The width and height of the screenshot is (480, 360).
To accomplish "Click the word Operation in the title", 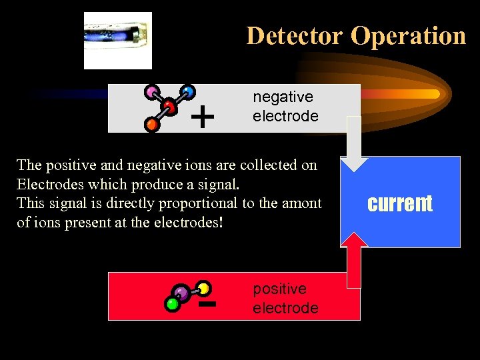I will [408, 35].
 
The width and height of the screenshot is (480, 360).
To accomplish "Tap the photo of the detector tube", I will [118, 40].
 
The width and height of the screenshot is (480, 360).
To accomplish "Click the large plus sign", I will [203, 118].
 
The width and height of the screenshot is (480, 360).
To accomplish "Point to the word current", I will [400, 203].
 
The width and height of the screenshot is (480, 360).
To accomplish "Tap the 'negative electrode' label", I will [285, 107].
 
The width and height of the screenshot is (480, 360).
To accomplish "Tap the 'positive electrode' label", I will [285, 299].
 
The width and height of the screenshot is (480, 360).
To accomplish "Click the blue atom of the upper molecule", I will [189, 91].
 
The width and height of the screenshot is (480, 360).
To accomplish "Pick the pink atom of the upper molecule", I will [153, 91].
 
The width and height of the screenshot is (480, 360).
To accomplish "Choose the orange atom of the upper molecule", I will [153, 124].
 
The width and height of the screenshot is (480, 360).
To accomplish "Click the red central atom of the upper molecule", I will [169, 107].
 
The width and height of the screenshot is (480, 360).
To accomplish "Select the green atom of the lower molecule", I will [172, 305].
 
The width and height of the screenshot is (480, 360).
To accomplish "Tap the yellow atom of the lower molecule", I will [204, 288].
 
